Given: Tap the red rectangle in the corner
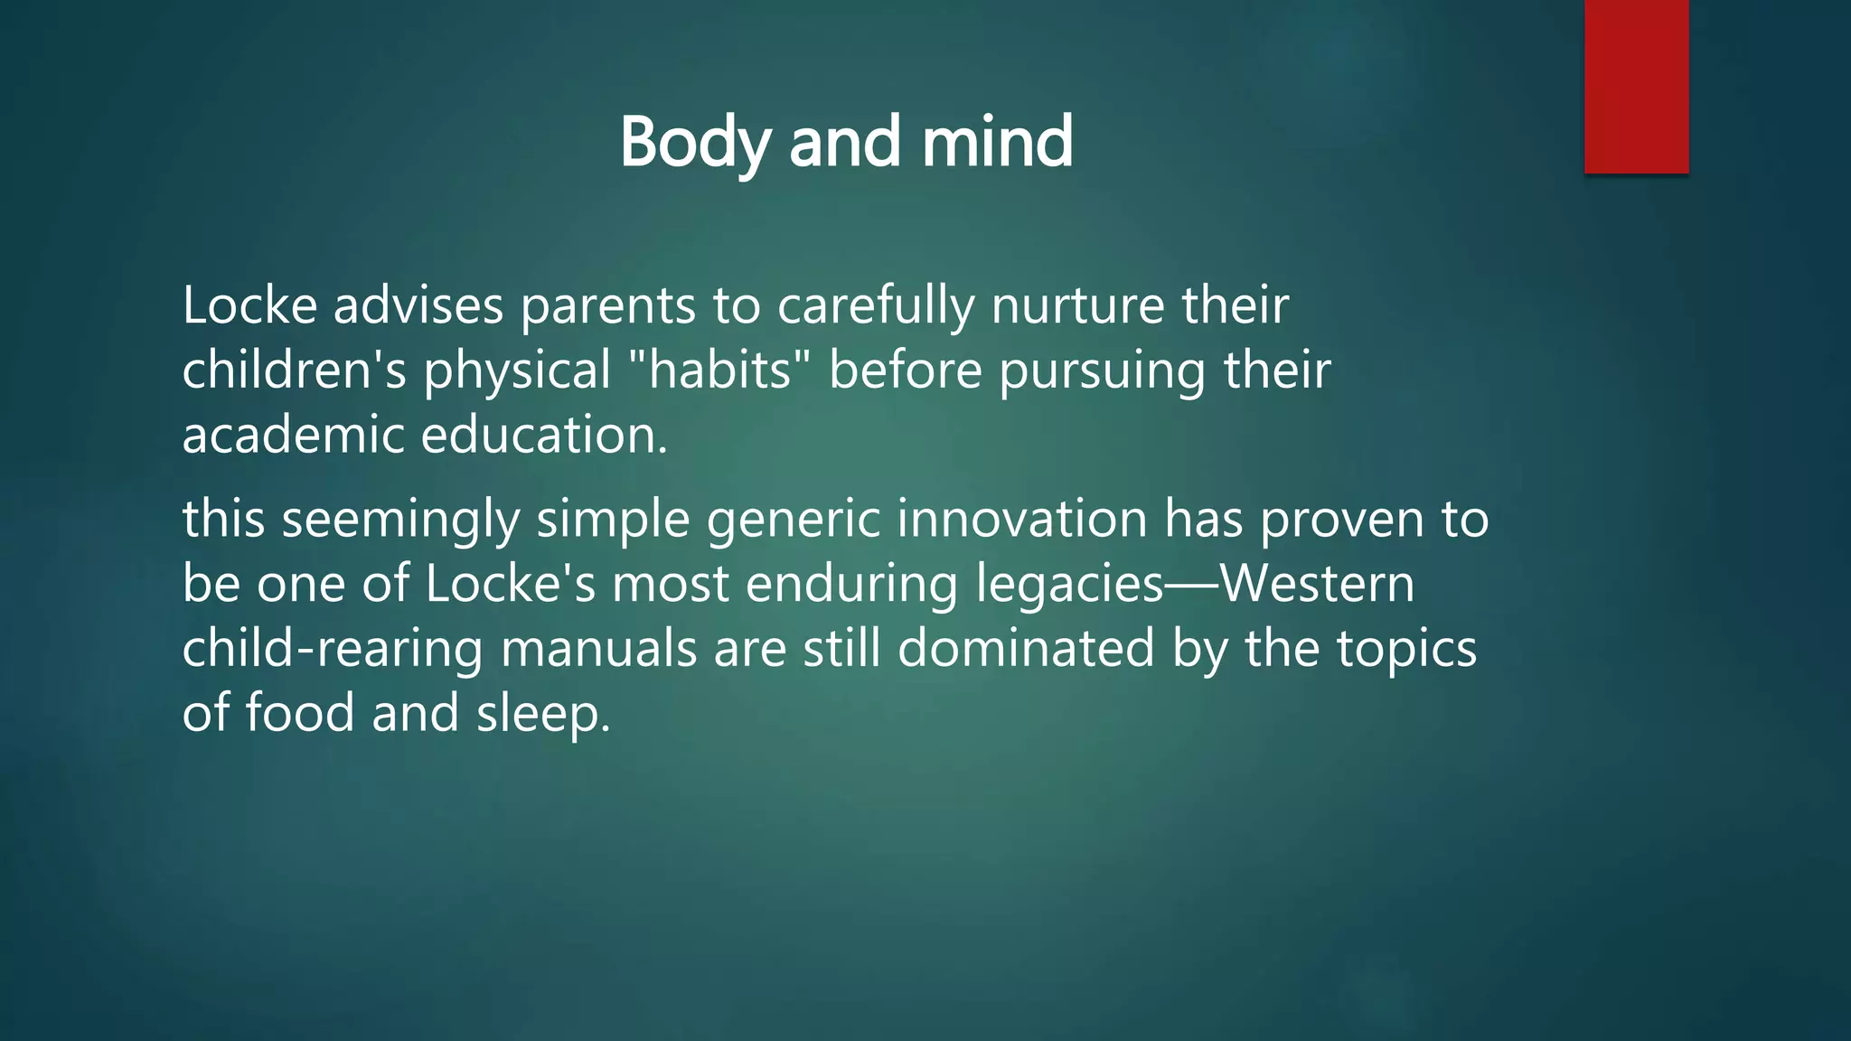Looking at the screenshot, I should [x=1636, y=86].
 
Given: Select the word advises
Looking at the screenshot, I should [x=418, y=305].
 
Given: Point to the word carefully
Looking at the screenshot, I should [x=875, y=305].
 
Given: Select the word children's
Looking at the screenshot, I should [x=294, y=370].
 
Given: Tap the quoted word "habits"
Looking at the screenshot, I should [x=719, y=370].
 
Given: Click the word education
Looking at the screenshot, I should [x=543, y=435].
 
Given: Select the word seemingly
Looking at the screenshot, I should [x=400, y=520].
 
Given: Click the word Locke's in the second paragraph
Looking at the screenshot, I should [x=510, y=584].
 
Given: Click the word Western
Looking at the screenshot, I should [x=1318, y=584].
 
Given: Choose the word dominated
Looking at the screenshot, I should [x=1026, y=648].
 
